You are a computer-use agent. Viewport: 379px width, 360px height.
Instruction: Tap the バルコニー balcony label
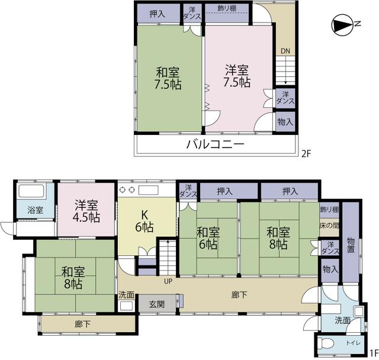click(x=216, y=144)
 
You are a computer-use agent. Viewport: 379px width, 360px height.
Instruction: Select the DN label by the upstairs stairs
click(x=285, y=51)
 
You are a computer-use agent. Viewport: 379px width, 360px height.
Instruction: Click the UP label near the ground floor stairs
click(x=168, y=281)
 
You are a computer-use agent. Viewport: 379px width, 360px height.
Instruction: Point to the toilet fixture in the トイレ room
click(x=325, y=343)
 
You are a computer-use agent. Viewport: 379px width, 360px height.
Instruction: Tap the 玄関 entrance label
click(x=157, y=304)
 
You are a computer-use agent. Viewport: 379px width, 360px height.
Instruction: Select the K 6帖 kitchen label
click(x=144, y=221)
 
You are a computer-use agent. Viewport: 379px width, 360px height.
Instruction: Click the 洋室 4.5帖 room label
click(x=86, y=211)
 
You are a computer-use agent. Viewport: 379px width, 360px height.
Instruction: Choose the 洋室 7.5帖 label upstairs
click(x=237, y=76)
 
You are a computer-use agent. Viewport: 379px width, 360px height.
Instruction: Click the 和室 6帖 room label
click(x=208, y=239)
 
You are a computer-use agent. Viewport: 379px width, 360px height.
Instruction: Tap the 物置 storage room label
click(x=351, y=246)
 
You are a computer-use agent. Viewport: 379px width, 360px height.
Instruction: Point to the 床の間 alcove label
click(x=329, y=226)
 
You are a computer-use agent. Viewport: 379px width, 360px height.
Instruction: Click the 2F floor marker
click(x=306, y=154)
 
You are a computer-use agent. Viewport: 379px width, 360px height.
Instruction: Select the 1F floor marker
click(x=374, y=353)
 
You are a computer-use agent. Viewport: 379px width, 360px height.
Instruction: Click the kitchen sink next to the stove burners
click(x=148, y=190)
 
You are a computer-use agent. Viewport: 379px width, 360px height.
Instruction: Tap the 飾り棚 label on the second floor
click(x=227, y=8)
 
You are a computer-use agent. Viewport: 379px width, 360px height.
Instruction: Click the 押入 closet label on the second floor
click(x=158, y=14)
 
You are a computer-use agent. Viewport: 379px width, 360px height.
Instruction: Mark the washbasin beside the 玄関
click(x=126, y=306)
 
